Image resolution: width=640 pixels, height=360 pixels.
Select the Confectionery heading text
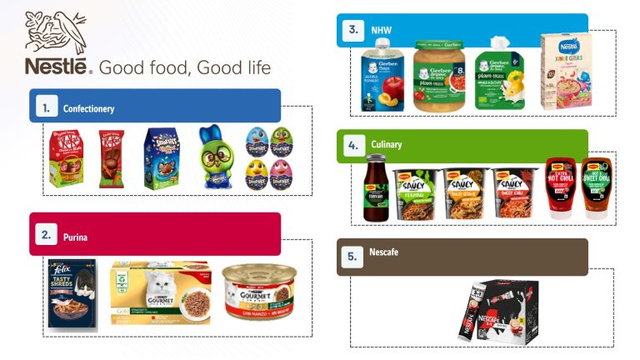(88, 108)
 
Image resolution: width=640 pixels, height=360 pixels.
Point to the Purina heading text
(75, 237)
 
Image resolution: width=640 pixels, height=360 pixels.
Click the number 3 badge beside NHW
(354, 31)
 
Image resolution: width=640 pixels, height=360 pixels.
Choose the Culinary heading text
(387, 144)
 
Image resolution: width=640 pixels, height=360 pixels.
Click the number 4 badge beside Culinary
(354, 144)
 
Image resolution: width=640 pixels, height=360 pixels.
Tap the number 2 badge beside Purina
(46, 237)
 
